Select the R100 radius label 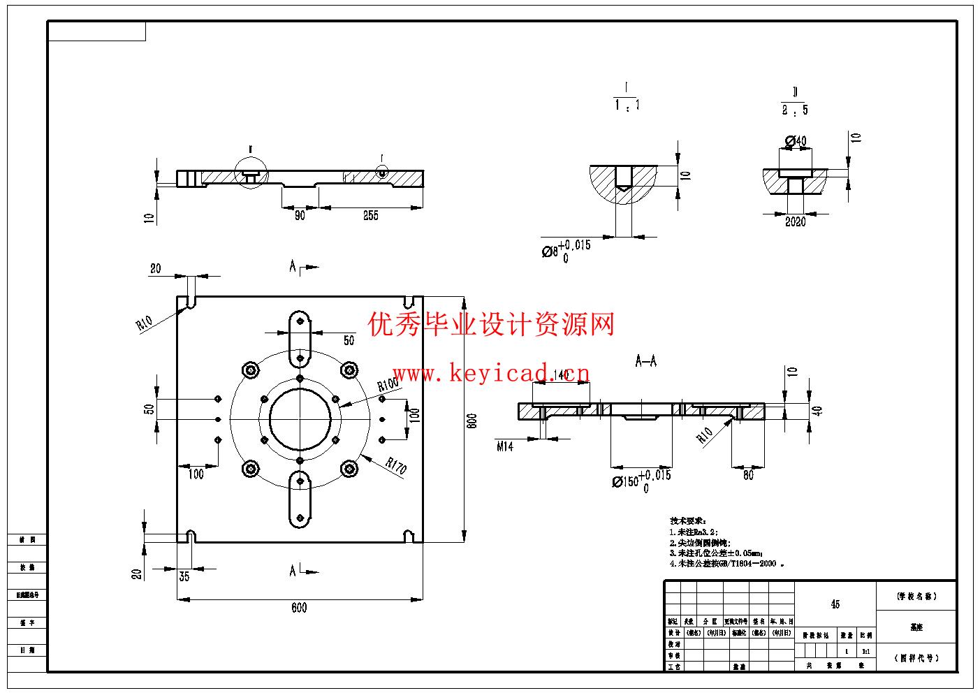pos(388,384)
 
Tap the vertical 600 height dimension pos(472,421)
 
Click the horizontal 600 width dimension pos(299,608)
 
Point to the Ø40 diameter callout pos(796,141)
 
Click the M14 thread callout pos(505,446)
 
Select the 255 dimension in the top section pos(371,216)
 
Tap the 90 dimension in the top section pos(300,216)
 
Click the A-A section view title pos(646,361)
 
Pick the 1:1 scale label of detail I pos(627,105)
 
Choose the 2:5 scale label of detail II pos(795,110)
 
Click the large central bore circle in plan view pos(300,419)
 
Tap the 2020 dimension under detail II pos(795,222)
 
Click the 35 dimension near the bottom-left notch pos(184,576)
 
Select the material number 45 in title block pos(835,604)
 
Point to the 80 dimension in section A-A pos(748,476)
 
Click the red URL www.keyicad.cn pos(491,374)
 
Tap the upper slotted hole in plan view pos(300,337)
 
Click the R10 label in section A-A pos(705,435)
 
